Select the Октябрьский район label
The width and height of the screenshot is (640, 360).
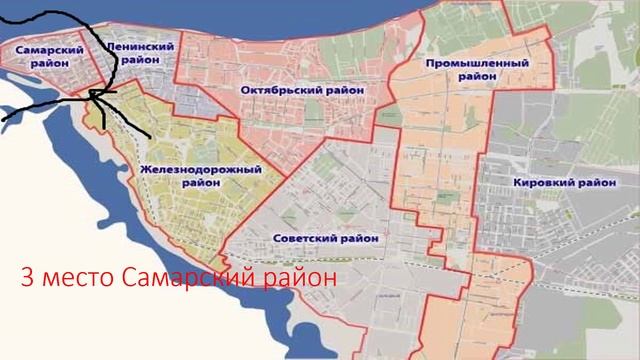coord(302,90)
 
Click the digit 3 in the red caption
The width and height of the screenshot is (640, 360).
coord(27,275)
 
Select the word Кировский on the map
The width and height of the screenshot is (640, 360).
coord(543,183)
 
